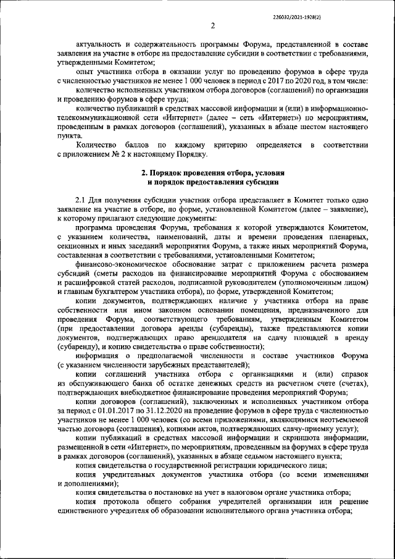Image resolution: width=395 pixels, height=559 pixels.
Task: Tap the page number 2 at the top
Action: click(x=212, y=26)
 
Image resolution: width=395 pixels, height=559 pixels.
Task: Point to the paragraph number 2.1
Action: click(x=81, y=201)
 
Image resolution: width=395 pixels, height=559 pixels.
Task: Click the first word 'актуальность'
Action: click(x=101, y=44)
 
